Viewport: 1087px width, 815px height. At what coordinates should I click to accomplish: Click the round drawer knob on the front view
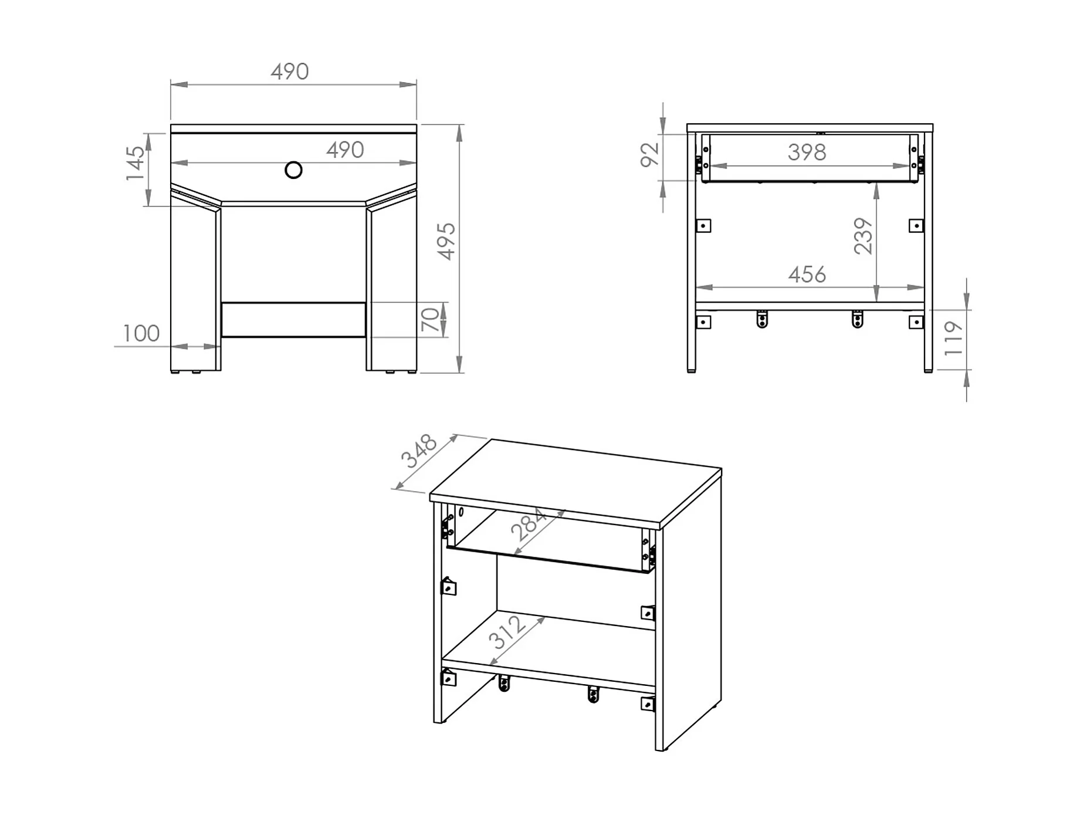point(293,170)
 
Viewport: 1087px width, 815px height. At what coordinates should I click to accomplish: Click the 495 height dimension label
point(447,241)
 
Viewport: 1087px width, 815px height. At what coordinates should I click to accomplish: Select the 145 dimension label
point(135,163)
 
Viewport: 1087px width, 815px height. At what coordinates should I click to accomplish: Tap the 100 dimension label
point(141,333)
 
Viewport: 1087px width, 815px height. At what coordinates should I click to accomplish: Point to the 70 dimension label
point(430,319)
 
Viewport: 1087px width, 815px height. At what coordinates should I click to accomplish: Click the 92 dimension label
point(649,155)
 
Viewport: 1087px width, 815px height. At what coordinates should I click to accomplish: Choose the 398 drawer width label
point(807,153)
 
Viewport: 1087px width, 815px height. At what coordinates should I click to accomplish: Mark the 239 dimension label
point(863,236)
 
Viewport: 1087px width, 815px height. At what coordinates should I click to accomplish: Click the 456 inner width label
point(807,275)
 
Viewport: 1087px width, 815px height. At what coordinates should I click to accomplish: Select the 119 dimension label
point(953,339)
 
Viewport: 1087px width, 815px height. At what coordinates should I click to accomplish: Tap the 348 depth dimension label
point(419,451)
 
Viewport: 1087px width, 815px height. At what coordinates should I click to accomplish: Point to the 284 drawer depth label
point(529,525)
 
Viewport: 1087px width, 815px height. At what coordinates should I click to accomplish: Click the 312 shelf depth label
point(507,632)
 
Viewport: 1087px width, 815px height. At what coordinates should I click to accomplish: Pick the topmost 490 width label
point(290,72)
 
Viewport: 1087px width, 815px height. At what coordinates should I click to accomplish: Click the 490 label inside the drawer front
point(346,150)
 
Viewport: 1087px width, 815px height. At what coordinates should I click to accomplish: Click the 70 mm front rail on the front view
point(293,320)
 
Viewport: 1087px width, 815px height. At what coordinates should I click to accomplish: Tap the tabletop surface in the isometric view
point(575,480)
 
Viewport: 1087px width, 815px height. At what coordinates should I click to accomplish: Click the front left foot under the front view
point(174,372)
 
